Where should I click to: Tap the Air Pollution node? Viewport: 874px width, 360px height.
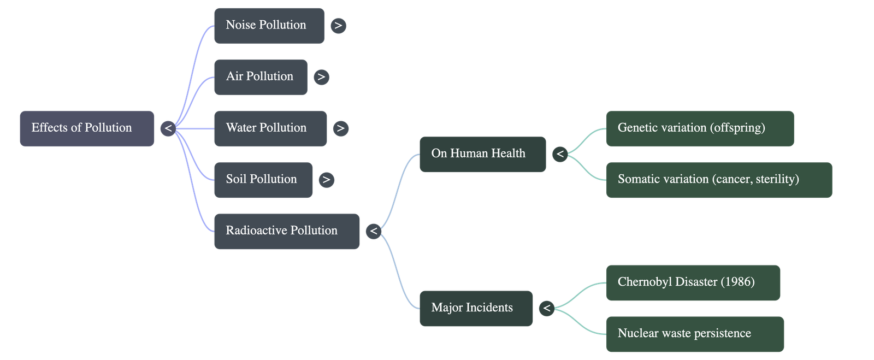(260, 77)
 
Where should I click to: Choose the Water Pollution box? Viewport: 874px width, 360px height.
(270, 128)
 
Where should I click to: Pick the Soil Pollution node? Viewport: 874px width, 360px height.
(263, 180)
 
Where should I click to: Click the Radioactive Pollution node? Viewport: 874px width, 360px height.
(286, 231)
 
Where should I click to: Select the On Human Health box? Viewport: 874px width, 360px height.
(482, 154)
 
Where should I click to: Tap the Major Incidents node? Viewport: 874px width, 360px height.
(475, 308)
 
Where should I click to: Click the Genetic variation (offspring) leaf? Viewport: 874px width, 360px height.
(699, 128)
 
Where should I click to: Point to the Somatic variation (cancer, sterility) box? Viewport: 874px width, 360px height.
(718, 180)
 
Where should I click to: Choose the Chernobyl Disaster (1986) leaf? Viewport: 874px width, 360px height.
(693, 282)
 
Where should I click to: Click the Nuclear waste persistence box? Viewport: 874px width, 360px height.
(694, 334)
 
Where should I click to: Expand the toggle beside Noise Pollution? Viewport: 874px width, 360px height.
(338, 26)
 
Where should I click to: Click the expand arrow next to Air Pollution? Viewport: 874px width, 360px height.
(321, 77)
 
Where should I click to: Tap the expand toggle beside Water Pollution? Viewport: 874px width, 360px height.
(340, 128)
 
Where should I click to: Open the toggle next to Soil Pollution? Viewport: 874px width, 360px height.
(326, 180)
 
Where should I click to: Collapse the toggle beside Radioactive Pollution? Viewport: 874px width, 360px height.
(374, 231)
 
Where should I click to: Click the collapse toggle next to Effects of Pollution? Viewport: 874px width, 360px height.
(168, 128)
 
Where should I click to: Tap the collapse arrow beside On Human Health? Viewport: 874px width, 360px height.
(559, 154)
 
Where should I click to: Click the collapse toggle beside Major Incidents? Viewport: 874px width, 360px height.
(546, 308)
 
